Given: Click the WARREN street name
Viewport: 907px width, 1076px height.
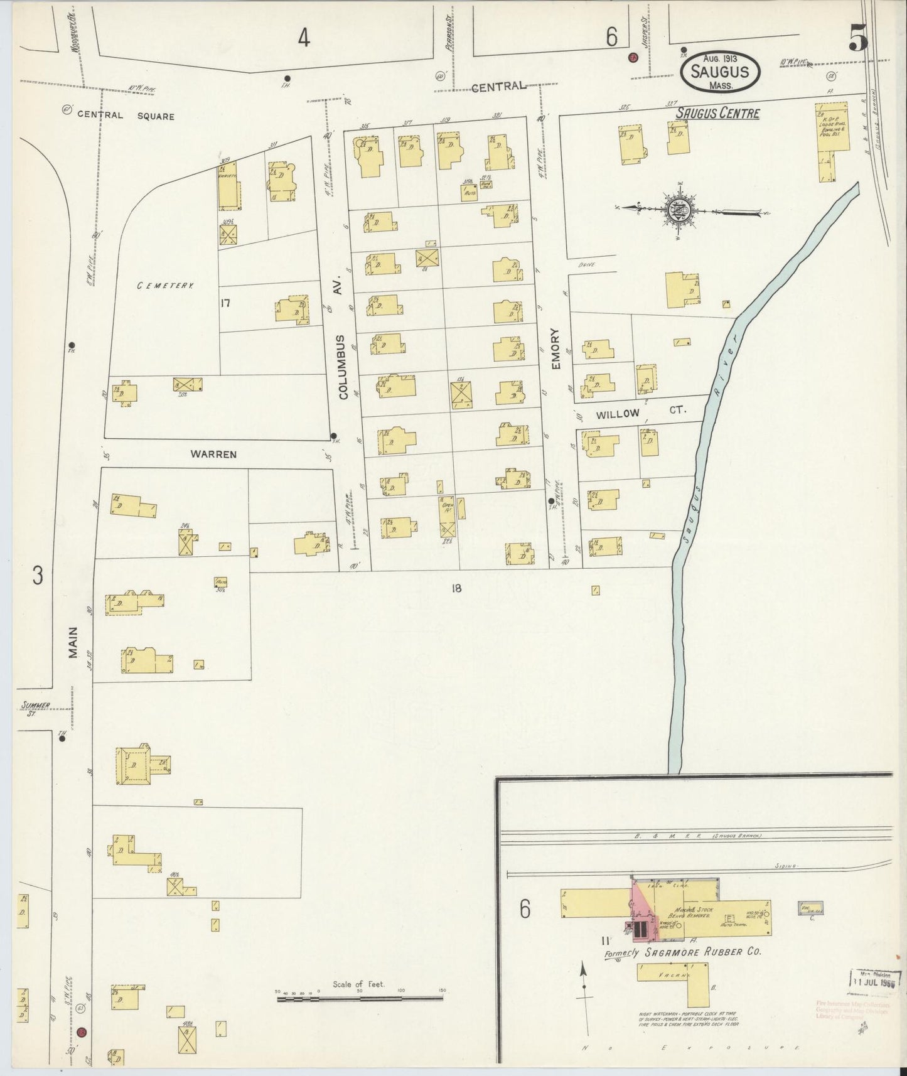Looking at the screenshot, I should click(215, 454).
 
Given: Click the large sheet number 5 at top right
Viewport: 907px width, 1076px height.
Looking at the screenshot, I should click(858, 40).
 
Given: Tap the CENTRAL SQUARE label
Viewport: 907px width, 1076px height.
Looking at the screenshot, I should click(126, 116).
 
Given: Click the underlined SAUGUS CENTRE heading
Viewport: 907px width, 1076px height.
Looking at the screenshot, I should click(717, 114).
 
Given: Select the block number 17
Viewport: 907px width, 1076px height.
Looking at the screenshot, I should click(226, 303).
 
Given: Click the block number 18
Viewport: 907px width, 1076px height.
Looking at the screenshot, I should click(456, 588).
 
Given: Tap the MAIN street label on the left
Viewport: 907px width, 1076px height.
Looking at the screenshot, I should click(73, 643).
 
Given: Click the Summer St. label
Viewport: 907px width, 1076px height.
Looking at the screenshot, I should click(35, 708).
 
